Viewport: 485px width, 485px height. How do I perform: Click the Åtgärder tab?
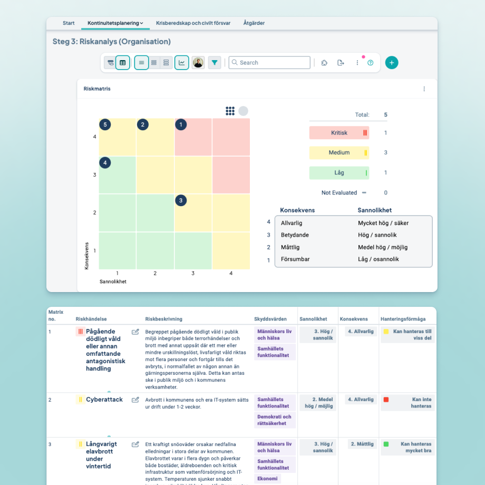pos(254,23)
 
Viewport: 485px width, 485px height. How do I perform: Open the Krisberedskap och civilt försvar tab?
pos(193,23)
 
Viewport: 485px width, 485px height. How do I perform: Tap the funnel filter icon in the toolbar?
pos(215,63)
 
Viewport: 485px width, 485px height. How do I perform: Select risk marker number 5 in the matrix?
pos(105,125)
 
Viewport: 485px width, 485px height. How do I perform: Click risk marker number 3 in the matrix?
pos(181,200)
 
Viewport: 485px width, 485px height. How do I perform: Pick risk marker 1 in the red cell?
pos(181,125)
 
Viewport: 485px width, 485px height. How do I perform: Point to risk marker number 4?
pos(105,163)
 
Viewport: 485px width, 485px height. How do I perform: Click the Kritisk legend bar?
pos(339,133)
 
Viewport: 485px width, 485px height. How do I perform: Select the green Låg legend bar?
pos(339,172)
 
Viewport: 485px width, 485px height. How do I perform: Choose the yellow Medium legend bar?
pos(339,153)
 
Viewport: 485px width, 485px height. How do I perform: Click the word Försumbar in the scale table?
pos(295,259)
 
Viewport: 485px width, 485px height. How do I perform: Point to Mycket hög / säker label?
pos(383,223)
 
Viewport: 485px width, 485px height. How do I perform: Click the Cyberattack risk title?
pos(104,400)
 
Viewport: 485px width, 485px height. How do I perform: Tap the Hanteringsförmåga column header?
pos(403,319)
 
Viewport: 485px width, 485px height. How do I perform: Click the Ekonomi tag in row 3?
pos(267,479)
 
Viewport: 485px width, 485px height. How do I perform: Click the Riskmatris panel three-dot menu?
pos(424,89)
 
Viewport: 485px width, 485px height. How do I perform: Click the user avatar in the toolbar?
pos(198,63)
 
